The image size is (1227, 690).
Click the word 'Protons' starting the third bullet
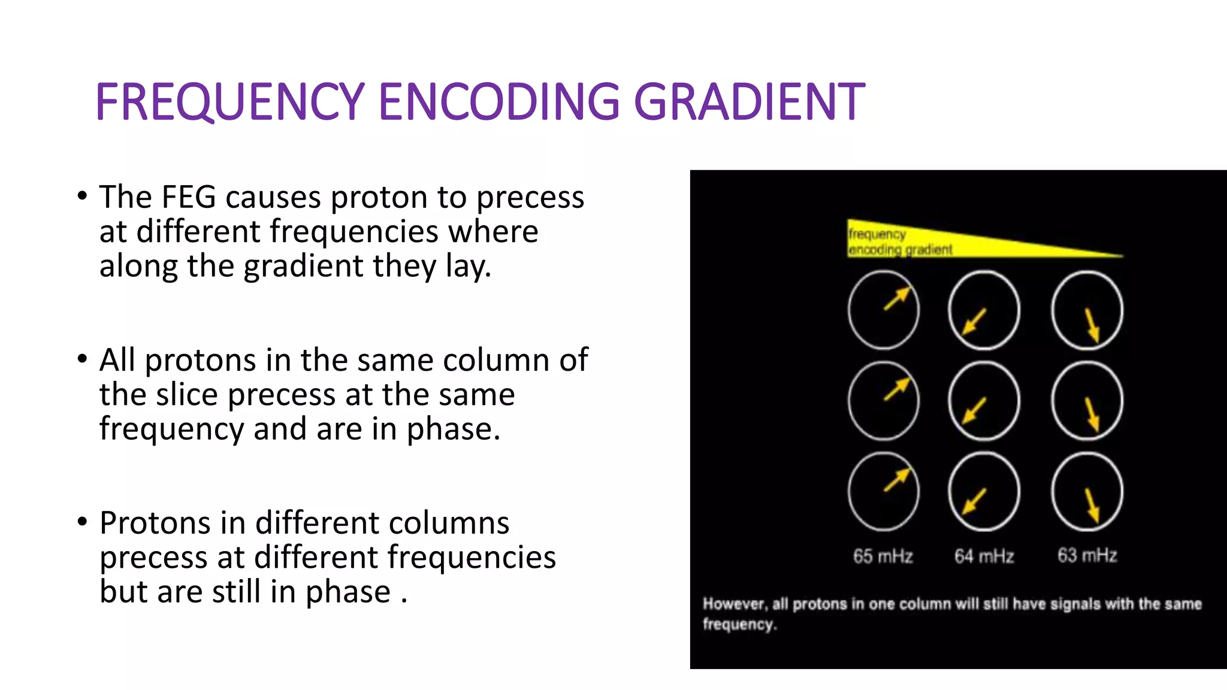pyautogui.click(x=155, y=523)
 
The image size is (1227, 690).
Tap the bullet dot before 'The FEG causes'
pyautogui.click(x=83, y=196)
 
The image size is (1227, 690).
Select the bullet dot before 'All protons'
pyautogui.click(x=83, y=359)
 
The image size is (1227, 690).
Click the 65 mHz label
pyautogui.click(x=883, y=556)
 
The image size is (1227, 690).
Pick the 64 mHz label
pyautogui.click(x=984, y=556)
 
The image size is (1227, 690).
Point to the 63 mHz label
pyautogui.click(x=1087, y=555)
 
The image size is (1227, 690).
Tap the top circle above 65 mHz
pyautogui.click(x=884, y=310)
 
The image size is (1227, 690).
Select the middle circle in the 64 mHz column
pyautogui.click(x=984, y=401)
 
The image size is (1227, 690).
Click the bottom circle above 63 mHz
pyautogui.click(x=1087, y=492)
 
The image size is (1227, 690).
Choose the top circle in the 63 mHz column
pyautogui.click(x=1087, y=310)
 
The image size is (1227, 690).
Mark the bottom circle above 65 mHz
pyautogui.click(x=884, y=492)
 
